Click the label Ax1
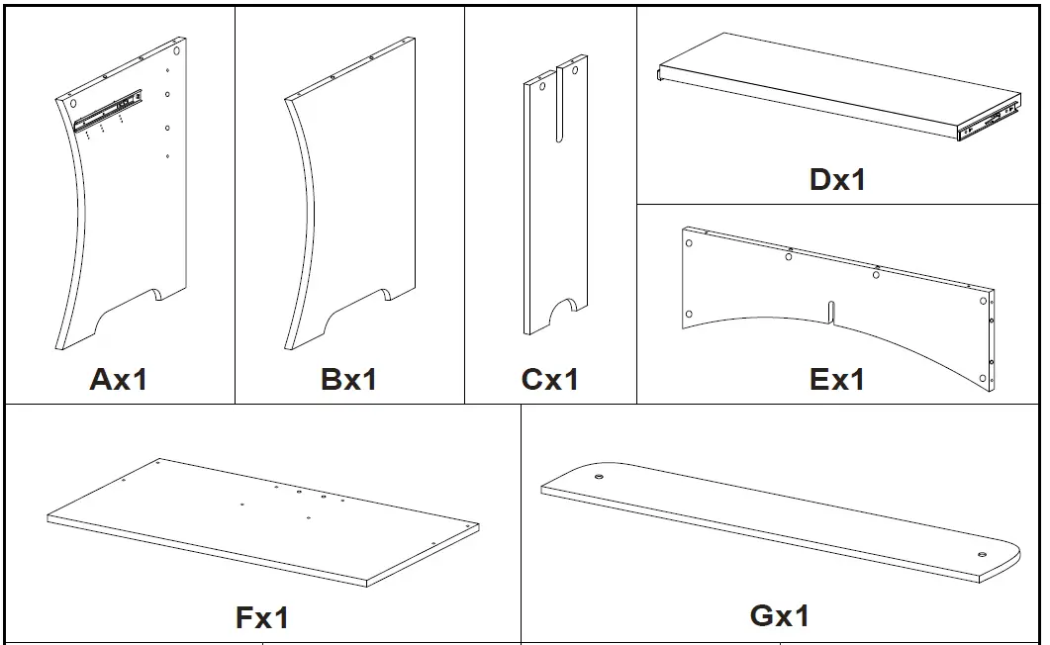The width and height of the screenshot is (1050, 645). click(119, 379)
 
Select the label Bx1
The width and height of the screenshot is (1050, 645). click(348, 379)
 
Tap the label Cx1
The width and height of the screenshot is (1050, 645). click(550, 379)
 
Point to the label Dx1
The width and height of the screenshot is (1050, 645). click(837, 179)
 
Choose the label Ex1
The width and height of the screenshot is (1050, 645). click(837, 379)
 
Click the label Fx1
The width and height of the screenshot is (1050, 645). click(262, 618)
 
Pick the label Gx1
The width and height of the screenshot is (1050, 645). click(780, 615)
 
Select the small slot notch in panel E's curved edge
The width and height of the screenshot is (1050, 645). click(834, 311)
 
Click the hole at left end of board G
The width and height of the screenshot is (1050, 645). click(599, 477)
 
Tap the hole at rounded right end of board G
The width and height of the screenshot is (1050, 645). click(982, 555)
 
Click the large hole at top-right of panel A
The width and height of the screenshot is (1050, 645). click(175, 49)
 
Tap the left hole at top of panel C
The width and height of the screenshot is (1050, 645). click(539, 85)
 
